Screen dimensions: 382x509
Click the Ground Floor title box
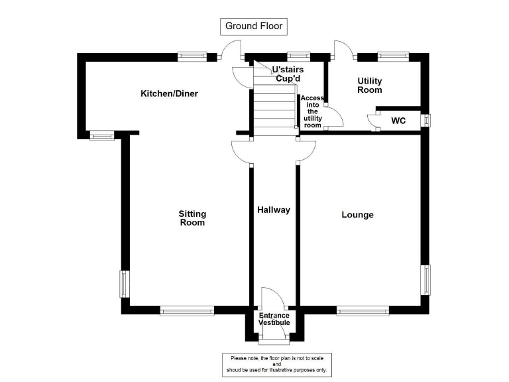tap(254, 27)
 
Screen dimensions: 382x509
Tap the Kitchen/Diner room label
tap(169, 94)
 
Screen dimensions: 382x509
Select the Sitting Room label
tap(192, 218)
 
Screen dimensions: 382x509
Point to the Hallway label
tap(274, 210)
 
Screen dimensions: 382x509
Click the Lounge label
tap(357, 215)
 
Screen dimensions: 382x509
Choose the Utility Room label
tap(370, 86)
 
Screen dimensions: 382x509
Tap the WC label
tap(398, 121)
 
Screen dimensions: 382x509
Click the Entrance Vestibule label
tap(274, 319)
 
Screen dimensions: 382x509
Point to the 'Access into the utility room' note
tap(312, 111)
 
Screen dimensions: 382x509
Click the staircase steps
tap(273, 109)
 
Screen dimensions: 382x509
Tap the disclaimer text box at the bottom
tap(277, 364)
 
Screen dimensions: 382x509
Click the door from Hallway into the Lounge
tap(306, 151)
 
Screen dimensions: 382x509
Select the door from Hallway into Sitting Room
tap(241, 152)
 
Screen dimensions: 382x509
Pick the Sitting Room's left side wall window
tap(123, 284)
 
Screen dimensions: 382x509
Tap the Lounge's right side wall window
tap(427, 279)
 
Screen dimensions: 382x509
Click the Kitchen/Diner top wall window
tap(192, 57)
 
